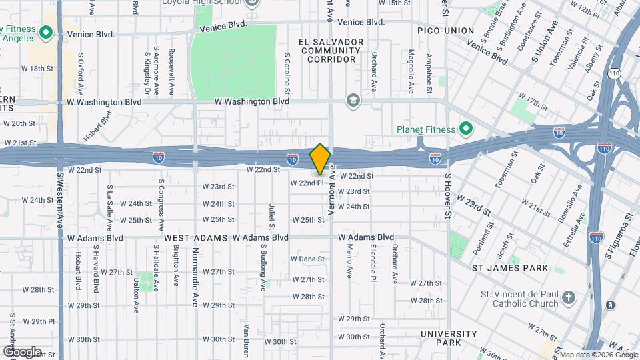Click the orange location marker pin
coord(321,159)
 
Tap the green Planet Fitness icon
coord(466,129)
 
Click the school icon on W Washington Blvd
coord(352,101)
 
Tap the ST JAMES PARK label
coord(510,268)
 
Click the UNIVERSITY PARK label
coord(449,338)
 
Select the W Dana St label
coord(307,259)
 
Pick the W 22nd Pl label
coord(307,182)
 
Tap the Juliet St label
coord(272,216)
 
